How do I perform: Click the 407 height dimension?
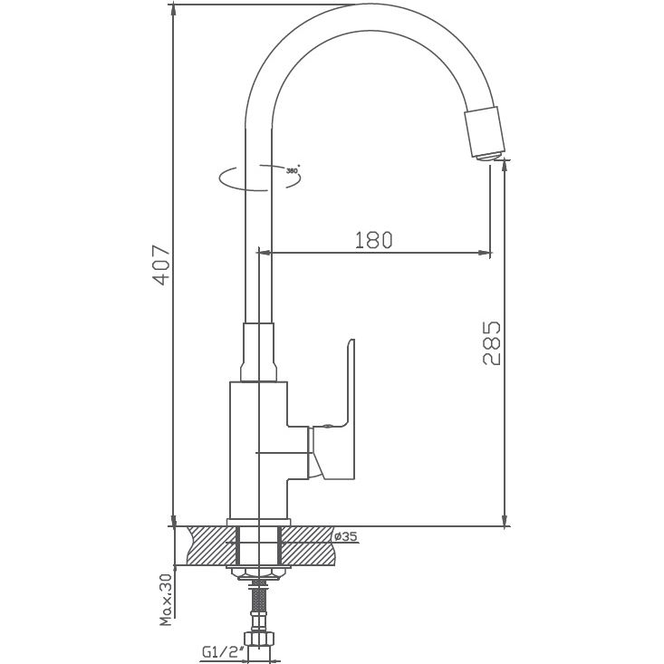point(160,265)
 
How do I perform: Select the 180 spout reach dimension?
point(372,240)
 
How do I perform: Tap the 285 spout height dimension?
point(490,343)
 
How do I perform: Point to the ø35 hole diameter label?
point(346,536)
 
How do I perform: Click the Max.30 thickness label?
point(166,600)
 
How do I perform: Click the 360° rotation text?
point(292,169)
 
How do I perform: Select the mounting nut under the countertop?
point(259,572)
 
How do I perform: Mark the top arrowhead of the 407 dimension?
point(172,9)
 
